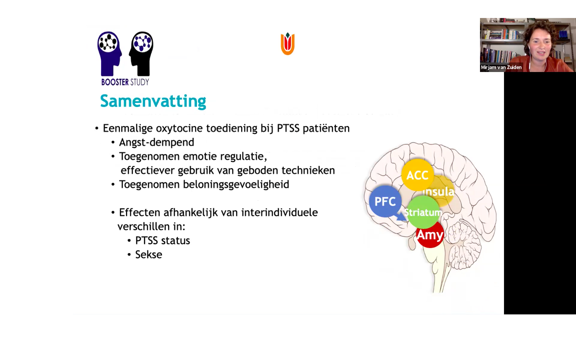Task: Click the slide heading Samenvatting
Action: (153, 101)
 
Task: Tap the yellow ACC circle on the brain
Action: (417, 175)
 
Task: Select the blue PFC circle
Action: (385, 201)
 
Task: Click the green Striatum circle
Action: (423, 212)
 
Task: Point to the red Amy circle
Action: (430, 235)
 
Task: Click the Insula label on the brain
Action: (439, 192)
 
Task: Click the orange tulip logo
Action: (288, 44)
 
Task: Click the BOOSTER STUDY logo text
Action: (125, 82)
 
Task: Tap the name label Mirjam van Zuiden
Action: (501, 67)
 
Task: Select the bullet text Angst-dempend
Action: (156, 142)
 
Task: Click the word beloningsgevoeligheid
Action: (236, 184)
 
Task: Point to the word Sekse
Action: (149, 254)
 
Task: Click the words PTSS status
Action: (162, 241)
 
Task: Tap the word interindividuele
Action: (280, 213)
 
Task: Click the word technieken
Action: (308, 170)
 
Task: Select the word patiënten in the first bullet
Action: (326, 128)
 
